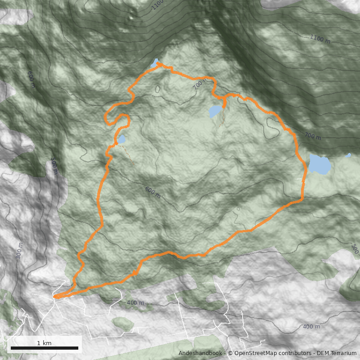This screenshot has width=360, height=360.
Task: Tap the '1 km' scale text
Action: point(44,343)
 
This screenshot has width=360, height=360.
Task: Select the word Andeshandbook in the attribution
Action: point(200,353)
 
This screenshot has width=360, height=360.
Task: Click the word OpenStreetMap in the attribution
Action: point(255,353)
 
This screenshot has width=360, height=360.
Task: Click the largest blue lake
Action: point(319,165)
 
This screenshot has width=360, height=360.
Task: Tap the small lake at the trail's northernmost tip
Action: point(155,62)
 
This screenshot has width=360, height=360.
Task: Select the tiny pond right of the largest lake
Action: point(348,155)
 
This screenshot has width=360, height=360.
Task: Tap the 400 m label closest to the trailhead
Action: point(135,303)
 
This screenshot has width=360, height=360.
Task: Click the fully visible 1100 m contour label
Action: point(320,39)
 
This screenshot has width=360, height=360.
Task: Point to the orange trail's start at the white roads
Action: point(55,297)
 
